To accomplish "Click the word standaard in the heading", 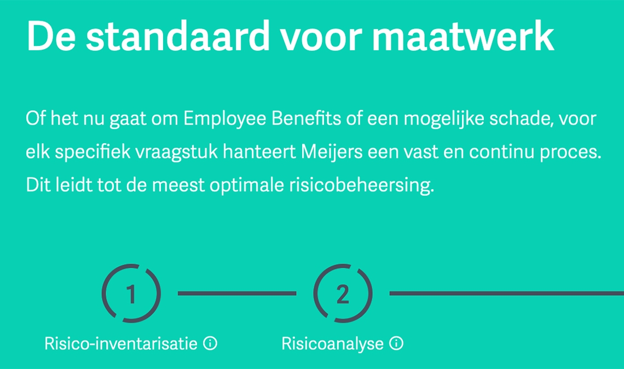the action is tap(178, 36).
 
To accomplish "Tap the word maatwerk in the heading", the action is tap(463, 36).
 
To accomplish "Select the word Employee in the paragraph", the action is tap(224, 119).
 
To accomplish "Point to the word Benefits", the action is tap(306, 119).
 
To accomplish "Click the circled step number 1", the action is tap(131, 294).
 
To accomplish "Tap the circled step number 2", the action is tap(343, 294).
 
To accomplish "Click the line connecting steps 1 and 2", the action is tap(237, 294).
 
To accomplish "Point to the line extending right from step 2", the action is tap(507, 294).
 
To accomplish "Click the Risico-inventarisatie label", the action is tap(121, 343).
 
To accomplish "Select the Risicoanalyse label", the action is tap(332, 344).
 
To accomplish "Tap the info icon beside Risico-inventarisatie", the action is tap(210, 343).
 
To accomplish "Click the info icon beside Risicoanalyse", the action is tap(396, 343).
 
